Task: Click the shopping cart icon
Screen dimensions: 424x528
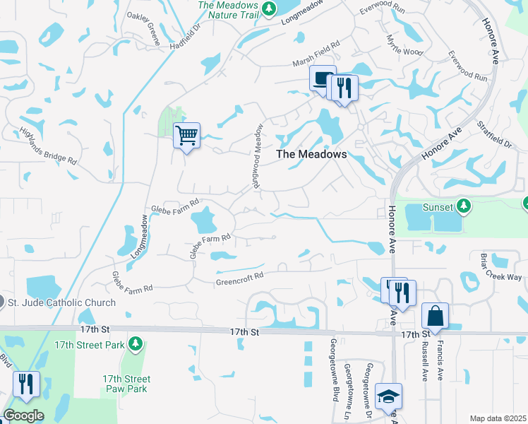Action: coord(187,134)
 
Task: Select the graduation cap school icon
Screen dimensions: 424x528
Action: coord(388,396)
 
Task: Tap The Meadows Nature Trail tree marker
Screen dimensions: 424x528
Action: coord(268,8)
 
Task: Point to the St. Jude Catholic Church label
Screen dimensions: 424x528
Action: coord(61,302)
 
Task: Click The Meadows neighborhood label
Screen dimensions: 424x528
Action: coord(311,153)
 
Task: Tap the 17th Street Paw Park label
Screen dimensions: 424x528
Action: coord(126,384)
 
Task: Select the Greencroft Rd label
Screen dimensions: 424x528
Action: coord(239,278)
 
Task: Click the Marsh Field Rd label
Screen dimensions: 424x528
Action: coord(316,63)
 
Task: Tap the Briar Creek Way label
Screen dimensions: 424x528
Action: coord(500,267)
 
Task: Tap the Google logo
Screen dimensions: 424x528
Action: coord(23,416)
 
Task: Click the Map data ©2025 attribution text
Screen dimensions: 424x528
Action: coord(497,418)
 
